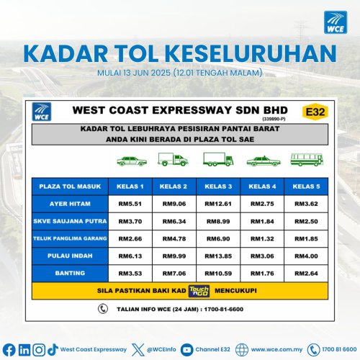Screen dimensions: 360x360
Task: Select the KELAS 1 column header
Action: coord(130,186)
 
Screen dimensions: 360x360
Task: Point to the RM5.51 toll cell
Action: coord(130,204)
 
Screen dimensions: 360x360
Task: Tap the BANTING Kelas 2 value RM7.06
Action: coord(174,273)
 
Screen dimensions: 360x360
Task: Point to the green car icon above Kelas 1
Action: coord(130,161)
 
